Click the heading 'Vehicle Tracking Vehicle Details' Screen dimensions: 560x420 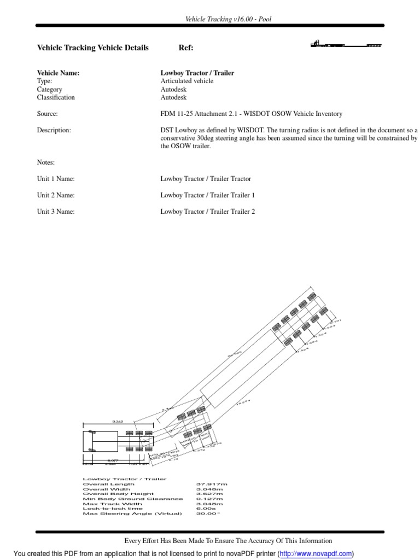click(x=92, y=48)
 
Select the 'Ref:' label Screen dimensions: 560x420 click(x=186, y=48)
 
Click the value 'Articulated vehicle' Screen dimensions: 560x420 click(x=186, y=81)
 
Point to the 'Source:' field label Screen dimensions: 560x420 click(x=47, y=114)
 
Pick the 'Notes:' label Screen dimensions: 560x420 click(x=46, y=162)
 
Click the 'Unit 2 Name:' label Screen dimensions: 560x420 click(x=56, y=195)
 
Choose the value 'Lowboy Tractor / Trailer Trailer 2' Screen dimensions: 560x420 click(x=207, y=212)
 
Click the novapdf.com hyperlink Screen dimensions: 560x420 click(x=316, y=554)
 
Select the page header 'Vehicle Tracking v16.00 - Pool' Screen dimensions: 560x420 click(x=229, y=19)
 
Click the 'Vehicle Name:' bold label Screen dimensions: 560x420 click(x=58, y=73)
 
